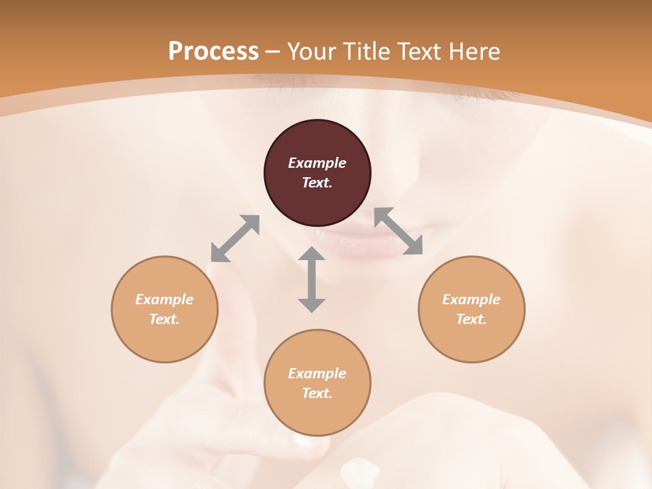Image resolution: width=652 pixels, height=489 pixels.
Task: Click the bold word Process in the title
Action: pos(213,52)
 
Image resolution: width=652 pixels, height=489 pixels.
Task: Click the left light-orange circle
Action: pos(164,309)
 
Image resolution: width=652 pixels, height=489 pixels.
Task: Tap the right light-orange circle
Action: pos(471,309)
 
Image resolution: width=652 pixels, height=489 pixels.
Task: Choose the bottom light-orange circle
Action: pos(317,382)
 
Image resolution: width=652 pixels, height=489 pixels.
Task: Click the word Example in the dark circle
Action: pos(317,163)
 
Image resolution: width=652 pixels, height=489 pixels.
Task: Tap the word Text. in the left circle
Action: pos(164,319)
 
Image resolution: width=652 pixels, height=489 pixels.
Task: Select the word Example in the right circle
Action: pos(471,300)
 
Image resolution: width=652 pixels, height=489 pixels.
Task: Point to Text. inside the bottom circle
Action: pos(317,393)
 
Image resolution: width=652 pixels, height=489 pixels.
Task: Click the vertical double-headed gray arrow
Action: pos(312,279)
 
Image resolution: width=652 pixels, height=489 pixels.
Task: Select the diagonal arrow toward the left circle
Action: pos(235,238)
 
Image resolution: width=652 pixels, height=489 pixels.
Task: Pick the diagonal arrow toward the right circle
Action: pos(398,231)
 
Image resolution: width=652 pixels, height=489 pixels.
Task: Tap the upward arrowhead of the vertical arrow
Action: pos(312,254)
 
